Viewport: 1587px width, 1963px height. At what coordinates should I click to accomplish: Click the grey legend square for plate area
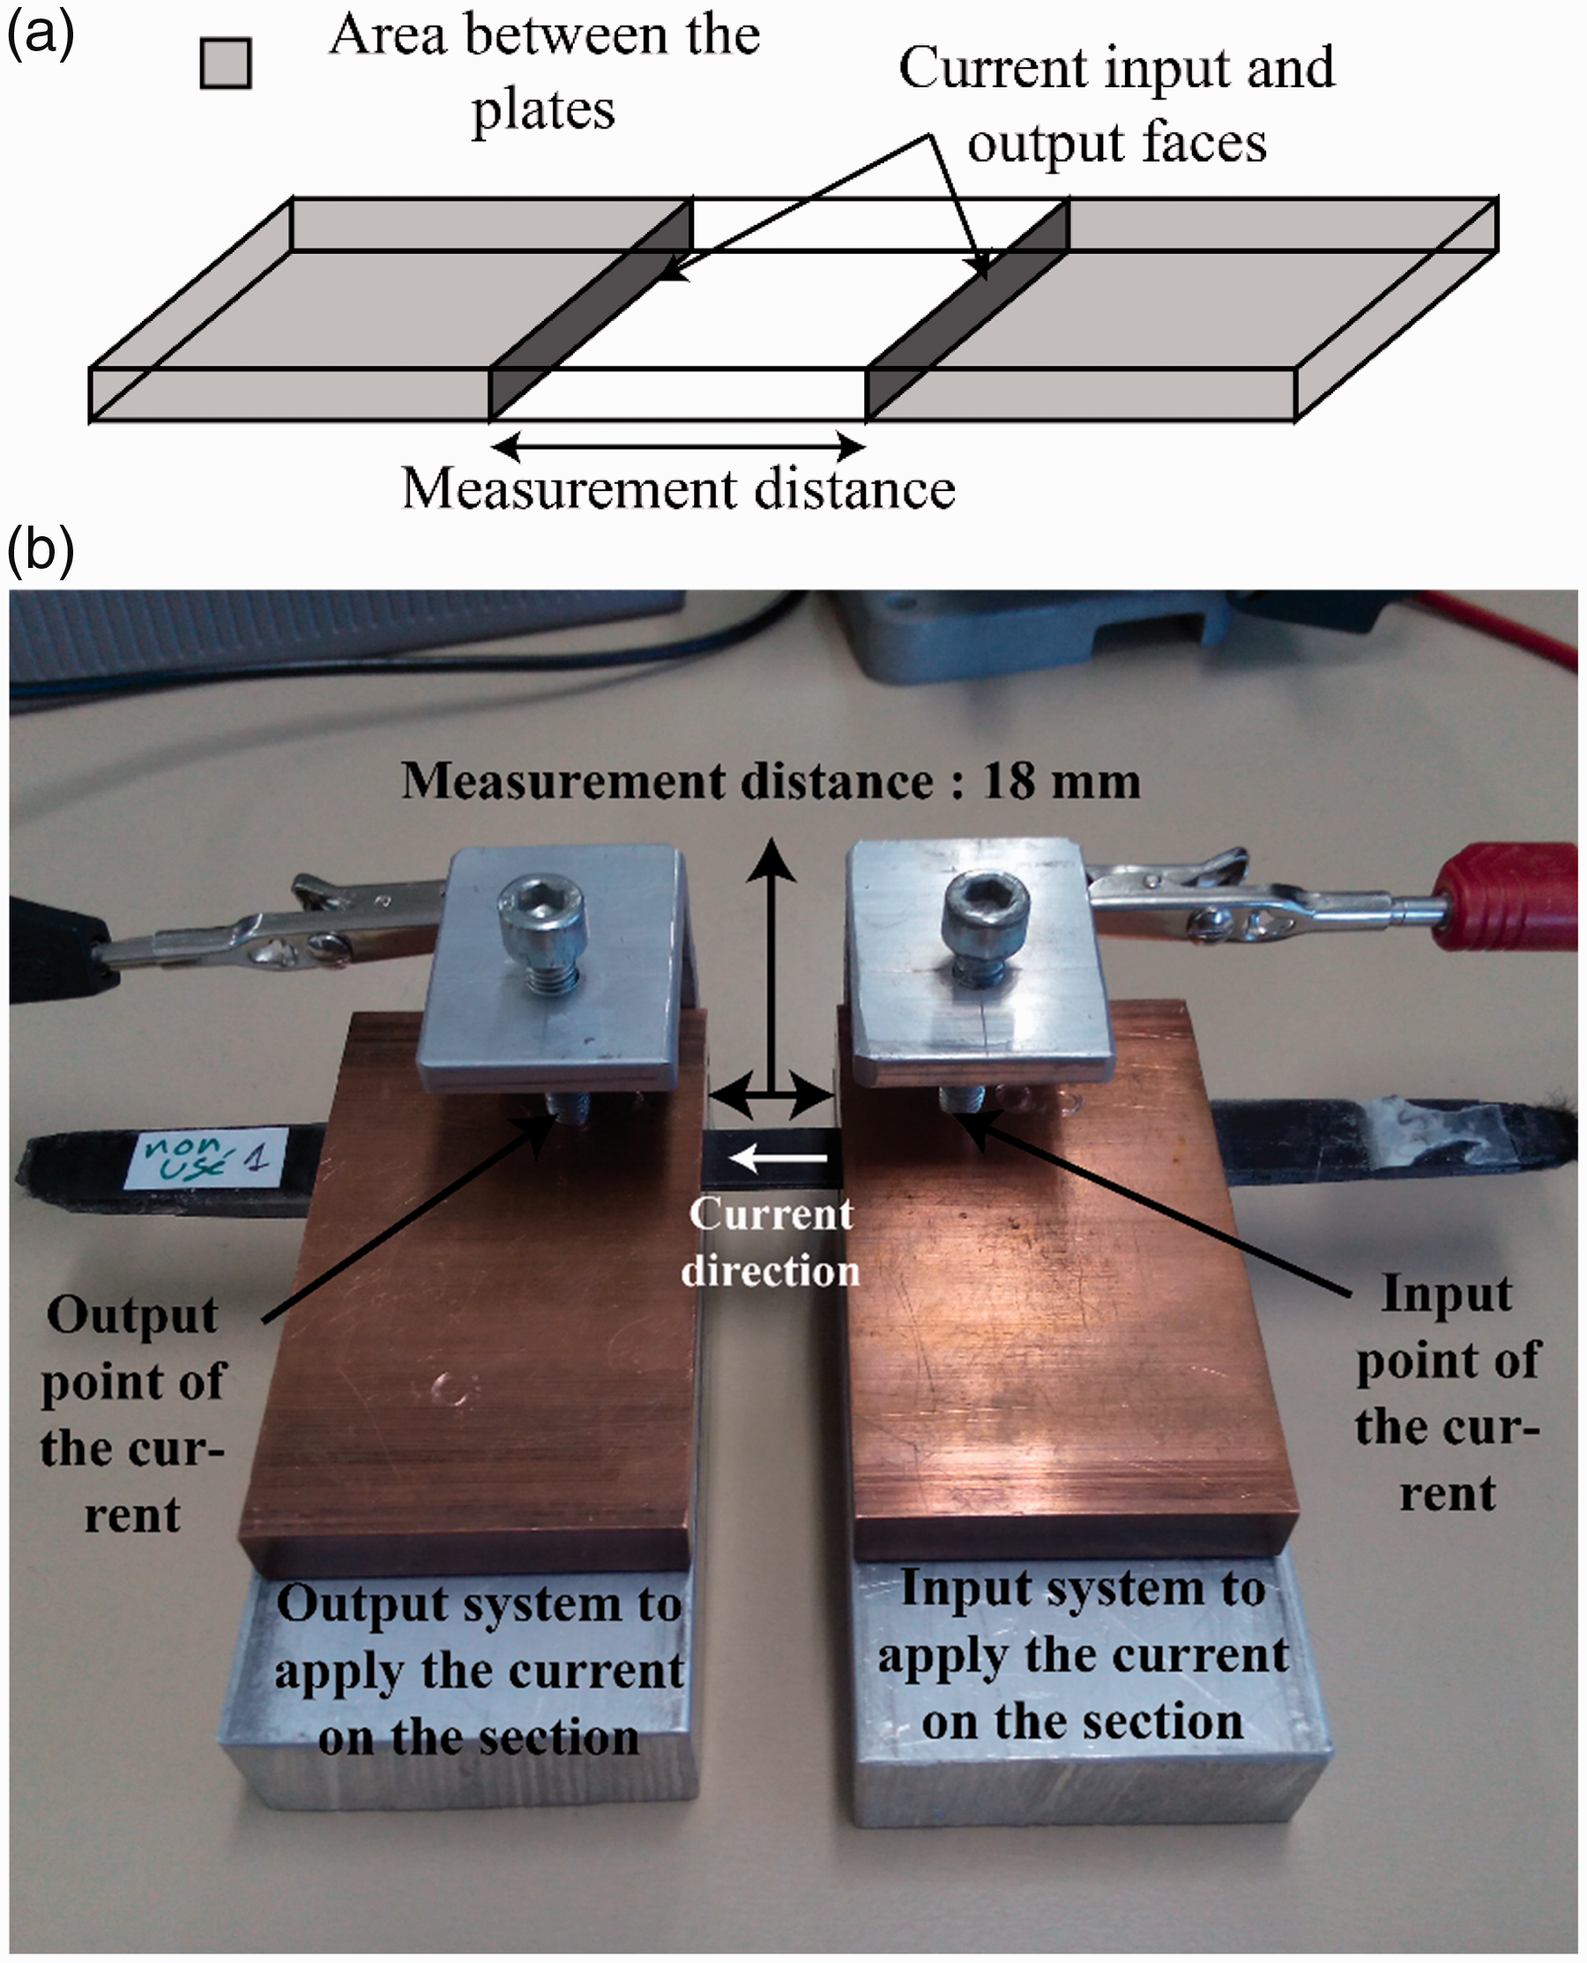[x=225, y=63]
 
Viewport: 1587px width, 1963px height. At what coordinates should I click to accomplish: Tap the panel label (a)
[x=40, y=35]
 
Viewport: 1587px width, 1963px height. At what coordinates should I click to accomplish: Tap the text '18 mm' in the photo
[x=1061, y=781]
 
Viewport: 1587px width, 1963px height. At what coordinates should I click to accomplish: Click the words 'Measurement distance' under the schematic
[x=678, y=489]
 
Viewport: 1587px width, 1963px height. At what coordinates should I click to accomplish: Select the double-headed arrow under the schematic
[x=678, y=447]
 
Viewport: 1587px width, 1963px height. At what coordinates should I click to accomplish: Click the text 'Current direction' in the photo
[x=771, y=1242]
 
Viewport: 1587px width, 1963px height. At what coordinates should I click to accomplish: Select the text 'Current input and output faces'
[x=1116, y=104]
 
